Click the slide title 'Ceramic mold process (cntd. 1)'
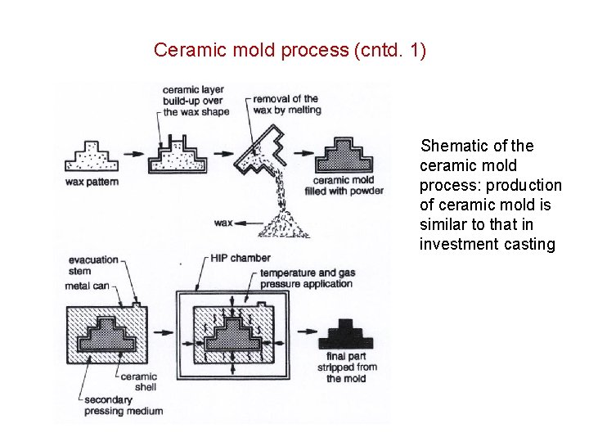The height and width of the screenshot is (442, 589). [x=290, y=50]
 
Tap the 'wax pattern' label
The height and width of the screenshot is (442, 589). [x=92, y=182]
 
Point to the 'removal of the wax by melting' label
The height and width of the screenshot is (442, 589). [x=286, y=104]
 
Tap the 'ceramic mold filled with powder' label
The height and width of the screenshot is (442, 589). [x=348, y=186]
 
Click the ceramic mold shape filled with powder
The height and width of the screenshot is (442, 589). [x=345, y=154]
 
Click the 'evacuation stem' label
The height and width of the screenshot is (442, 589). [x=92, y=265]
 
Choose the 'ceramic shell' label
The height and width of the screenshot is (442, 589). [x=138, y=381]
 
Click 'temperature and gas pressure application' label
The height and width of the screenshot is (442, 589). [x=305, y=278]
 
